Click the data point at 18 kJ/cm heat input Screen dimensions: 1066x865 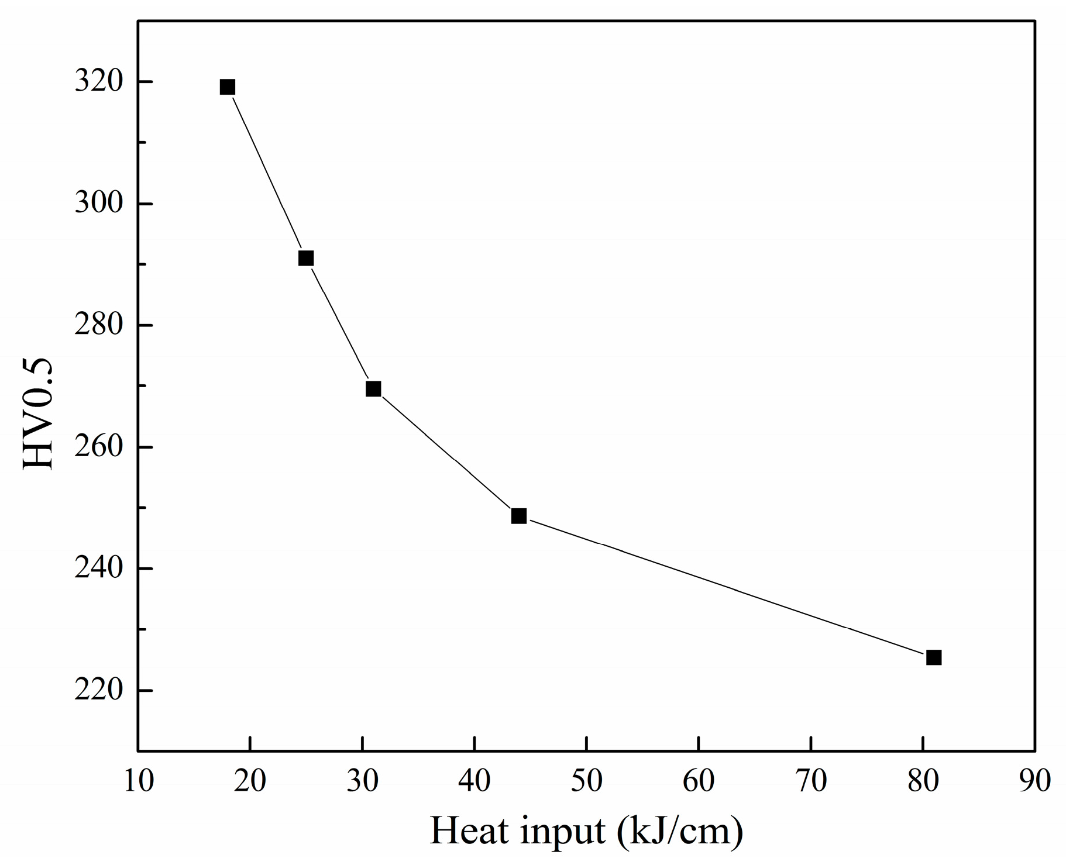click(x=228, y=87)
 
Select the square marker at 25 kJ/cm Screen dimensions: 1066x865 click(x=306, y=258)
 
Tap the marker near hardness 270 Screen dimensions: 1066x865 click(x=373, y=389)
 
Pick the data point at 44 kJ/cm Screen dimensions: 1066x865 click(x=519, y=516)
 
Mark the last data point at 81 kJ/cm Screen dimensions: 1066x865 click(x=934, y=657)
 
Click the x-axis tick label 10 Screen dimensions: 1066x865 click(x=139, y=781)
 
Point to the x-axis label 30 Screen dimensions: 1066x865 click(x=363, y=781)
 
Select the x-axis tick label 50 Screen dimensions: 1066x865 click(x=587, y=781)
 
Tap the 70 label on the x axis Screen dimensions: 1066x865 click(x=811, y=781)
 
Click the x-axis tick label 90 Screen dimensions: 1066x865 click(x=1035, y=781)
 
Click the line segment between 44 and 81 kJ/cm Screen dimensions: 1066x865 click(x=725, y=587)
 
